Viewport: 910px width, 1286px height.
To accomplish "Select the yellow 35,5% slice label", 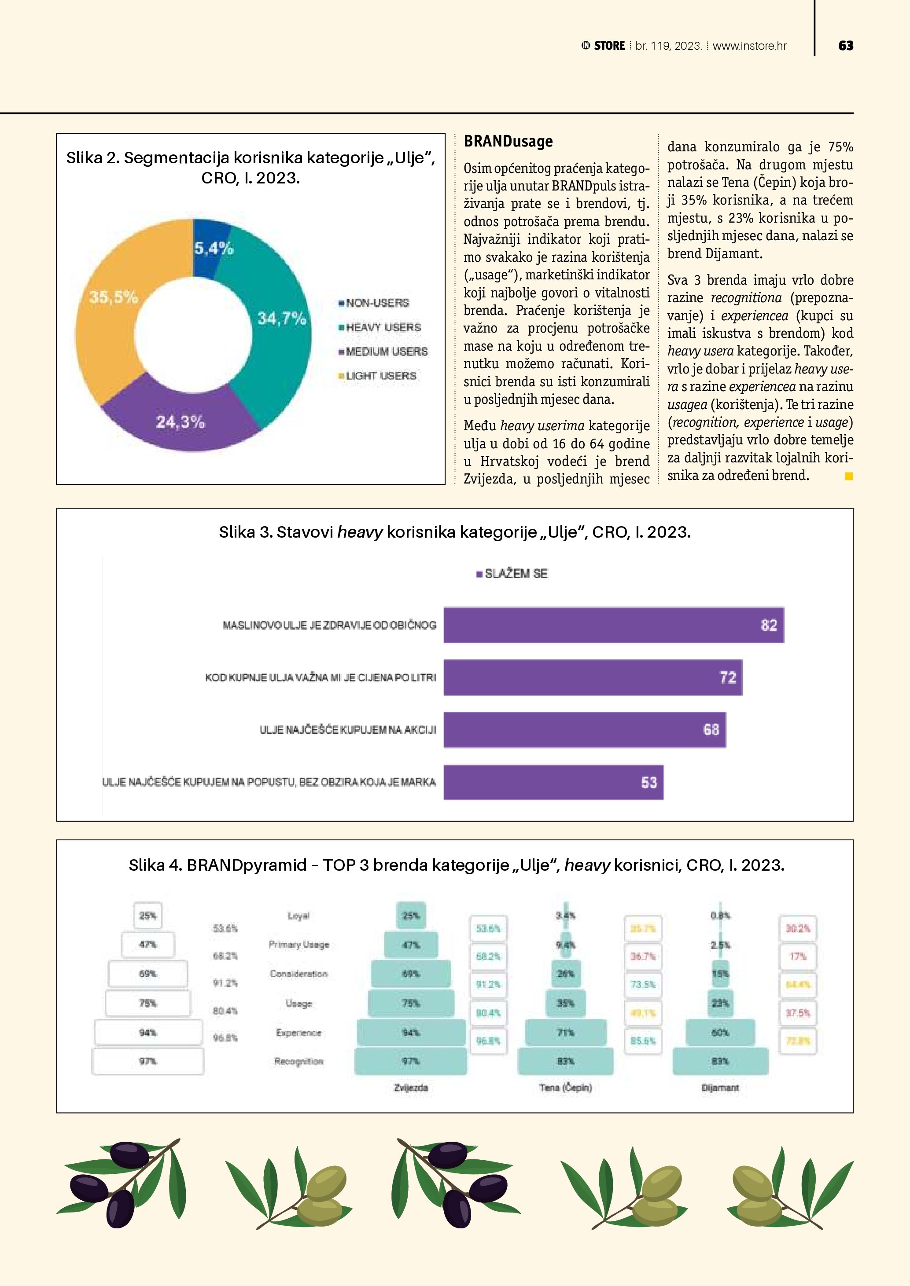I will coord(114,297).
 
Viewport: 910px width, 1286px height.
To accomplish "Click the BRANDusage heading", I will coord(508,142).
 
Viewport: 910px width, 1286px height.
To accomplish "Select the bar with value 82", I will coord(614,625).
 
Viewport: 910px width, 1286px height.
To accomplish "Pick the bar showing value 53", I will coord(554,782).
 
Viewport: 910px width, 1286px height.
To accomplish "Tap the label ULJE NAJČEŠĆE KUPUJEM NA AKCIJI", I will coord(347,730).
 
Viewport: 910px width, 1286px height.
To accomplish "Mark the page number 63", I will coord(846,46).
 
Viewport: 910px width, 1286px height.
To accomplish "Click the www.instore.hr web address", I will coord(749,46).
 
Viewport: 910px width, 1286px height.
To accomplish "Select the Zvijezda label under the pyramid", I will coord(411,1087).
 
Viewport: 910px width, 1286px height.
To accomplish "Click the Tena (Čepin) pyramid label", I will coord(565,1087).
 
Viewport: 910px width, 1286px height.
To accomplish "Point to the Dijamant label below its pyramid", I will coord(720,1087).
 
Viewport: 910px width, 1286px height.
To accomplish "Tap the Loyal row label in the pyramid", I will coord(298,916).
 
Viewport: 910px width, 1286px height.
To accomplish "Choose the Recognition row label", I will coord(298,1061).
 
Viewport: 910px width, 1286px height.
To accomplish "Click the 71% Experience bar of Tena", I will coord(565,1032).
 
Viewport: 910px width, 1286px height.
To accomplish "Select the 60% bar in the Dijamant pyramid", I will coord(720,1032).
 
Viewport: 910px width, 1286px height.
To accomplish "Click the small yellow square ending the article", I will coord(849,476).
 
